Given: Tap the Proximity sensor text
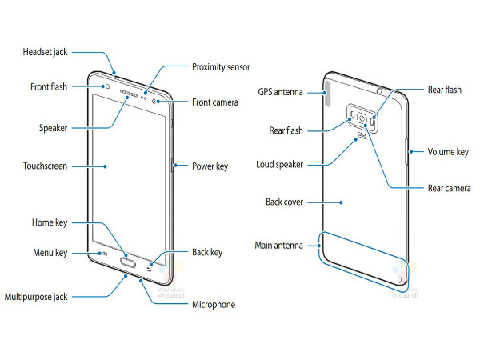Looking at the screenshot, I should pyautogui.click(x=219, y=67).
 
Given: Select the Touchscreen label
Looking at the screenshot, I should pyautogui.click(x=44, y=166).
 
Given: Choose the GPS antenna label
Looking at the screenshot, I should pyautogui.click(x=279, y=91).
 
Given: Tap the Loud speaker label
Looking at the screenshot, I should pyautogui.click(x=279, y=165).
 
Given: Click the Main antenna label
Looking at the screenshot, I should pyautogui.click(x=278, y=245).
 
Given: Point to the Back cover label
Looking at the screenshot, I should pyautogui.click(x=284, y=202).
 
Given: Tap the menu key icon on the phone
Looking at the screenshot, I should pyautogui.click(x=105, y=254).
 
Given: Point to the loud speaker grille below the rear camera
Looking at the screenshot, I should pyautogui.click(x=362, y=136).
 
